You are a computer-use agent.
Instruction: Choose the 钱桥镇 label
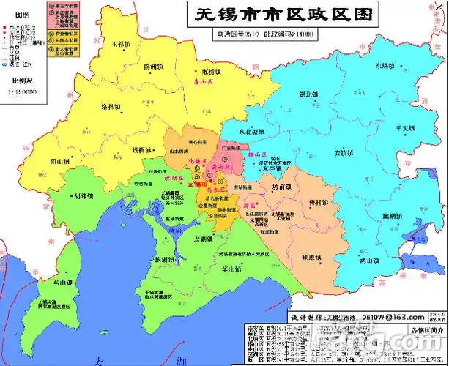tap(141, 150)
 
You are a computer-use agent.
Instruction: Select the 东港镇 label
tap(368, 64)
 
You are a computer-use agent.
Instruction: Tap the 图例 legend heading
tap(22, 15)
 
